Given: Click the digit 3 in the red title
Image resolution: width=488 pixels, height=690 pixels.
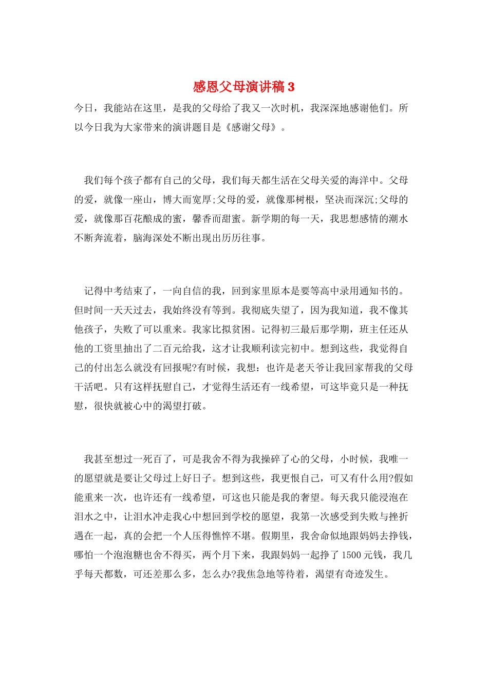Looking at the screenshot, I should (x=291, y=87).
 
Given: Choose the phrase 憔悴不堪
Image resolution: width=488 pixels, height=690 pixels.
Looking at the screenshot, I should (x=232, y=535).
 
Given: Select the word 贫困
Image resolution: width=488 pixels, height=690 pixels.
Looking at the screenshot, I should (x=241, y=329).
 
